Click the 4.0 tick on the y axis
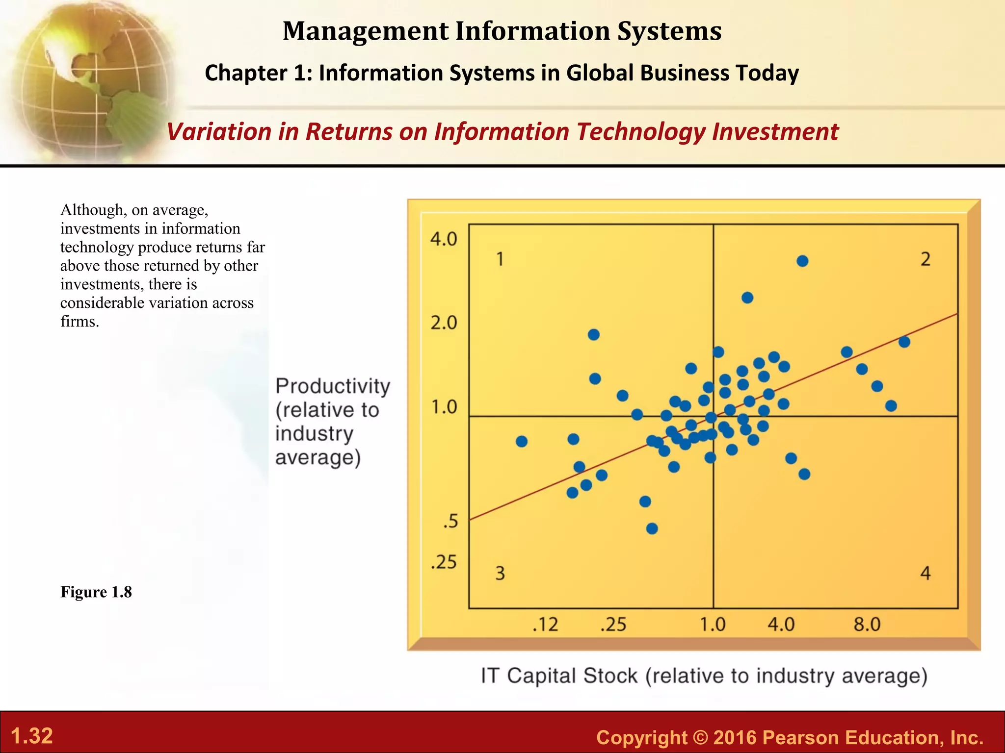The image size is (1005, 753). (x=444, y=239)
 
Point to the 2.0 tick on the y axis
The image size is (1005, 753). (x=444, y=323)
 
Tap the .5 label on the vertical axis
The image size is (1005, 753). (x=450, y=521)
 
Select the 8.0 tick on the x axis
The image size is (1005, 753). (x=867, y=625)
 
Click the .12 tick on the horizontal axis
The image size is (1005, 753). (x=545, y=625)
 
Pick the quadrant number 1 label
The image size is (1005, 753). (x=500, y=259)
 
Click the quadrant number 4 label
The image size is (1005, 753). (x=926, y=573)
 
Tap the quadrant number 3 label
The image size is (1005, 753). (x=500, y=573)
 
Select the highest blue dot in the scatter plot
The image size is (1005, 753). (x=802, y=261)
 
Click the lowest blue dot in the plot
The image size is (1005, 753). (x=652, y=528)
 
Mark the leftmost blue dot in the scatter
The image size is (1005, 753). (x=522, y=442)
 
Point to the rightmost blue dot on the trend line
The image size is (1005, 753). (x=904, y=342)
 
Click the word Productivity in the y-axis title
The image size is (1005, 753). (x=333, y=386)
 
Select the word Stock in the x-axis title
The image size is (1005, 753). (x=610, y=676)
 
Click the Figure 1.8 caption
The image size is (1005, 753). (x=96, y=592)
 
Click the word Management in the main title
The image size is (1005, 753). (x=366, y=31)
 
